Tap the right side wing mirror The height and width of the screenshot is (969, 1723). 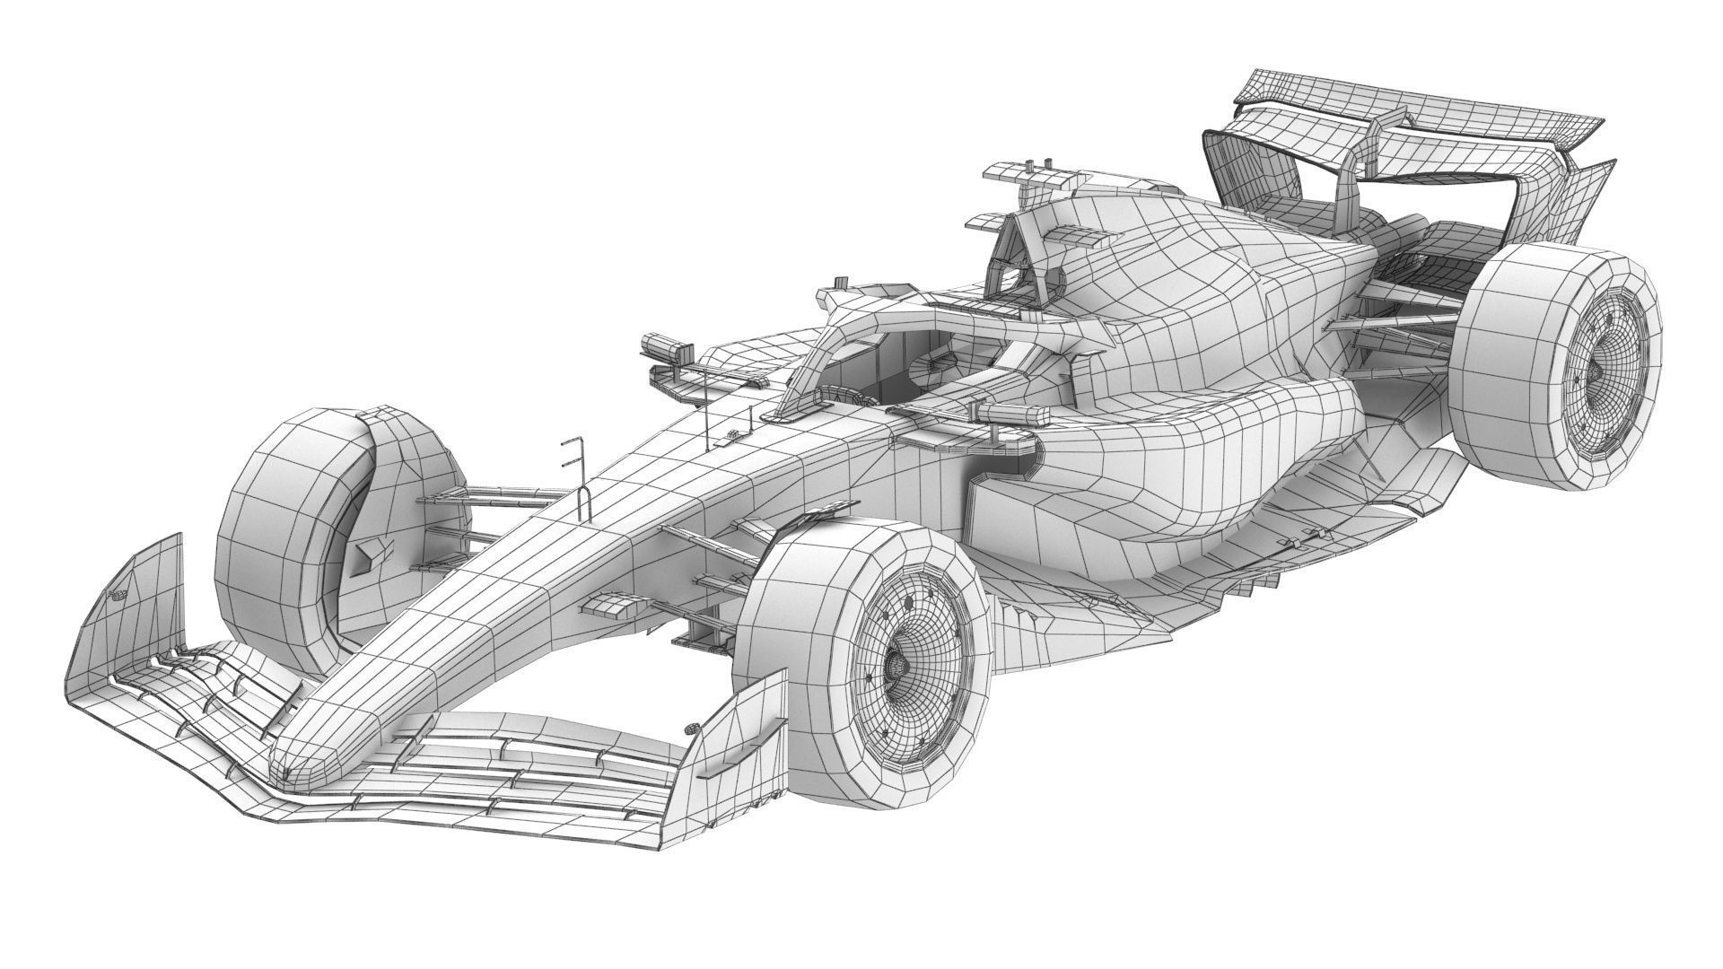pos(1014,415)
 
